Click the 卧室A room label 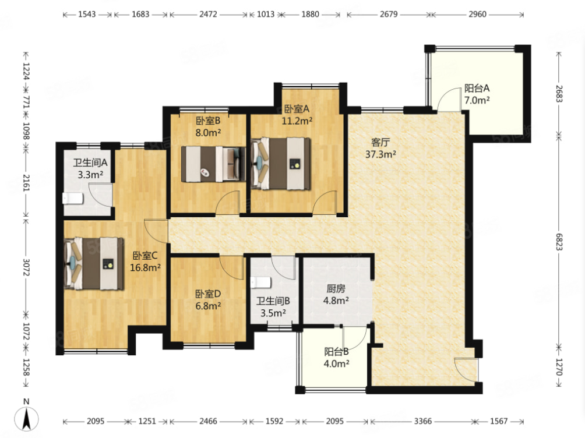297,109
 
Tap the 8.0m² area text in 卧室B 208,132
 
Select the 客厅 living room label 380,142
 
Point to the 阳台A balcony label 477,89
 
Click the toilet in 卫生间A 73,198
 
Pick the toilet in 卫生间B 261,282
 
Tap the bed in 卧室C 94,263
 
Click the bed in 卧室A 281,164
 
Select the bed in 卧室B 213,164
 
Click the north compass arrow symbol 26,418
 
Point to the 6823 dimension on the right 559,242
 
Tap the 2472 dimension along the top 208,14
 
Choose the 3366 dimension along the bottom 423,421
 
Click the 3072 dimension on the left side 26,267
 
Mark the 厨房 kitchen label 336,288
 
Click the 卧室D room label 208,294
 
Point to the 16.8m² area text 146,267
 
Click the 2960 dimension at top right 478,14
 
